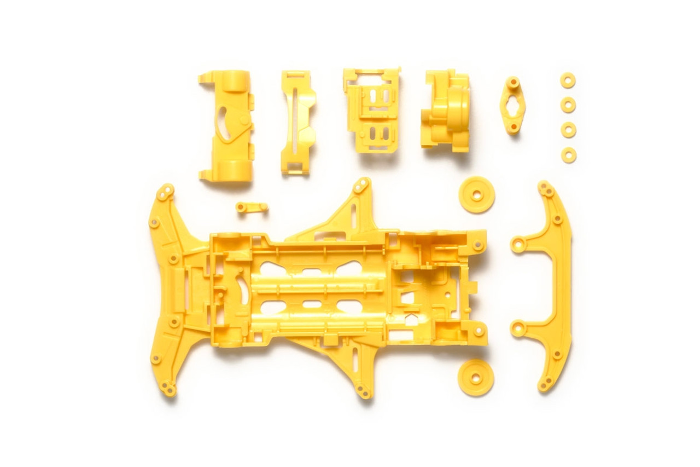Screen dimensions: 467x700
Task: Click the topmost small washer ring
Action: click(x=568, y=80)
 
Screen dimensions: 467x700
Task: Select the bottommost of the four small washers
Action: click(x=569, y=155)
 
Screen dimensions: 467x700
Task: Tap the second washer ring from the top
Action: click(x=568, y=105)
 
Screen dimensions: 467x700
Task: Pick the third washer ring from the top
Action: click(x=569, y=130)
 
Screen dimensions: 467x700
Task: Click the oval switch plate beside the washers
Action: click(x=513, y=105)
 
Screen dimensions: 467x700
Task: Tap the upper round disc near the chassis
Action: click(x=477, y=194)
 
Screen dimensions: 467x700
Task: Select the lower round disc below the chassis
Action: click(x=476, y=377)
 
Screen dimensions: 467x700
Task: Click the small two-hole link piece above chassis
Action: click(x=252, y=207)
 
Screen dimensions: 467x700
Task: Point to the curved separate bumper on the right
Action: click(x=558, y=285)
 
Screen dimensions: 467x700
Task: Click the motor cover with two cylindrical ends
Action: click(x=226, y=126)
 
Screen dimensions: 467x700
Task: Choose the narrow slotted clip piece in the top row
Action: click(x=297, y=122)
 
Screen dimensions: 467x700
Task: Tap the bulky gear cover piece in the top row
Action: click(x=446, y=109)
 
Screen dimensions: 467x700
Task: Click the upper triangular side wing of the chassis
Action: click(x=339, y=216)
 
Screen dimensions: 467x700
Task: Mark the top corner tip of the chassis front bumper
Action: click(x=165, y=192)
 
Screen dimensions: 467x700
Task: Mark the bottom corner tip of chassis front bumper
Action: click(x=169, y=389)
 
